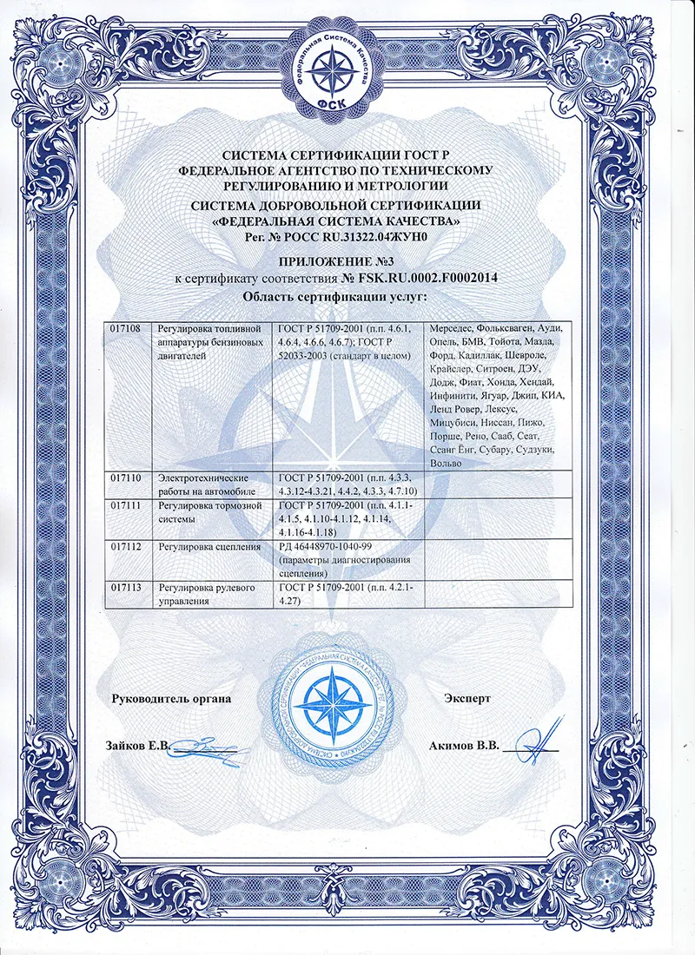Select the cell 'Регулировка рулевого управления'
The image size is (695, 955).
(207, 594)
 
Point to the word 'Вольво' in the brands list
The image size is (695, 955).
(445, 464)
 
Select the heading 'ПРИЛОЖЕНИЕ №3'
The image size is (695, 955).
(347, 262)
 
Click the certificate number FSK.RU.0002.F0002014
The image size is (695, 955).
(424, 279)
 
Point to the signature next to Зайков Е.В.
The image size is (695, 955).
(205, 745)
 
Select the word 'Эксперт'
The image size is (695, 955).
(467, 698)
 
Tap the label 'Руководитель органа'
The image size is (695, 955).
(170, 698)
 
